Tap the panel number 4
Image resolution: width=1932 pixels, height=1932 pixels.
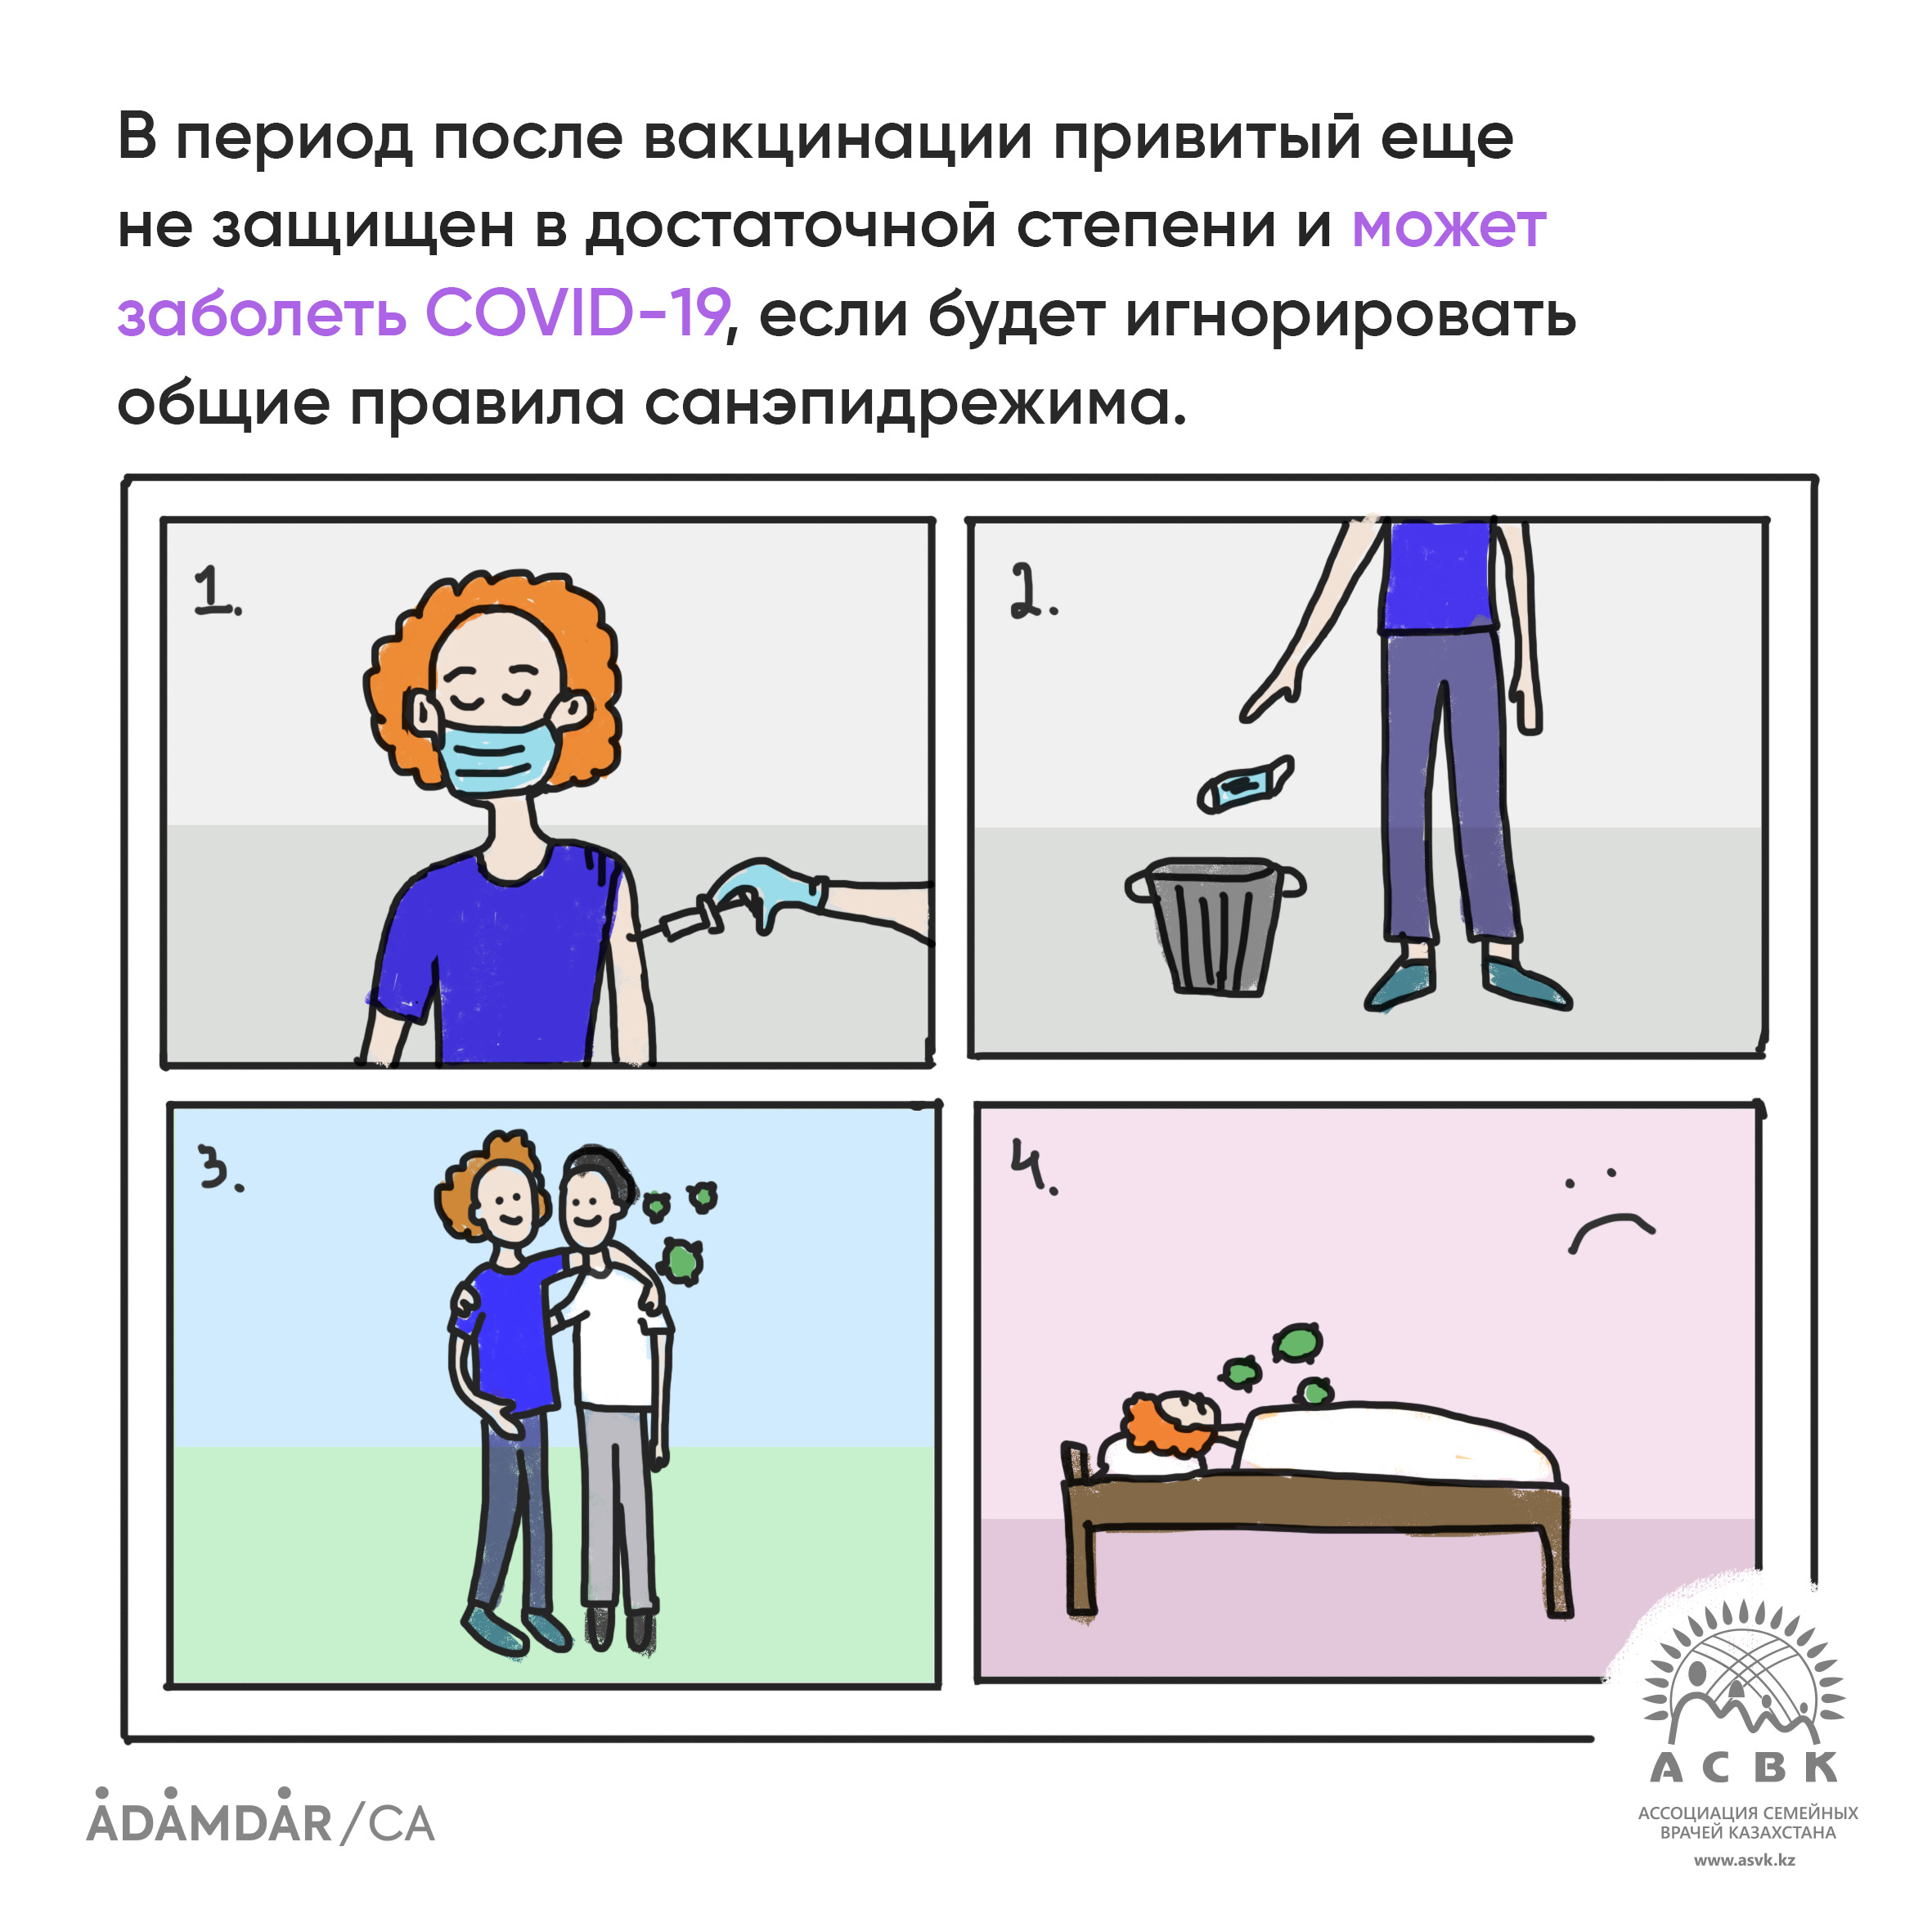(1032, 1166)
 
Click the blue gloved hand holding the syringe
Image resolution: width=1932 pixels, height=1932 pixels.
(765, 892)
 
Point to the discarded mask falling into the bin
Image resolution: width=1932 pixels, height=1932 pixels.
(1246, 784)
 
